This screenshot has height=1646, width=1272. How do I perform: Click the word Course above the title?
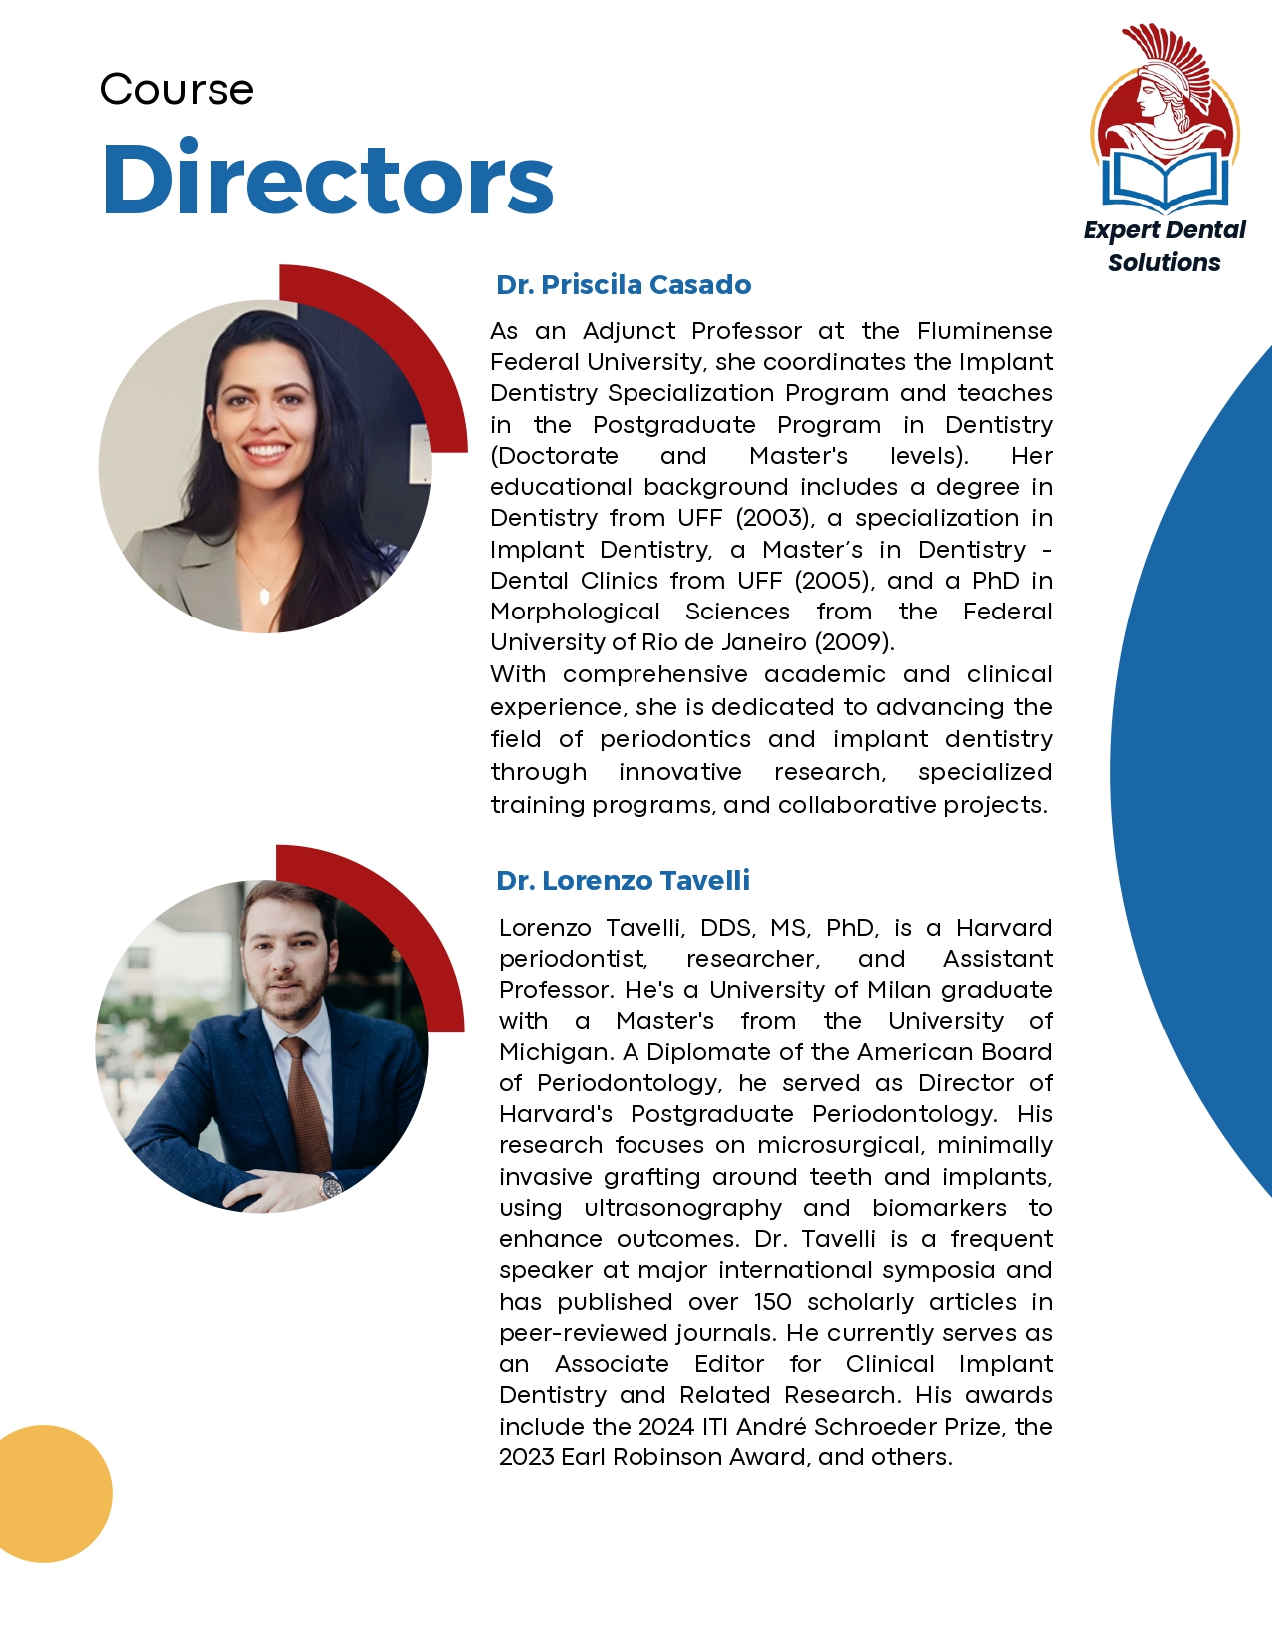point(177,90)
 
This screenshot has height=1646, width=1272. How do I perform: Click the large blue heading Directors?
point(327,180)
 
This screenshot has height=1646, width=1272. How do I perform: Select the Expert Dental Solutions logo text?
point(1164,246)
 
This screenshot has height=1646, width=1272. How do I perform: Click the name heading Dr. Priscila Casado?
point(624,285)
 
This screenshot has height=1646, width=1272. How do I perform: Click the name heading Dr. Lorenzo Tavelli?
point(623,881)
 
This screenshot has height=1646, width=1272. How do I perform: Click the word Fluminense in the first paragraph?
point(984,331)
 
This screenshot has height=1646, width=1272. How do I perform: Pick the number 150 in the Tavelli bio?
point(772,1302)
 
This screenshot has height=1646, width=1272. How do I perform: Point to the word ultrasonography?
point(682,1208)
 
